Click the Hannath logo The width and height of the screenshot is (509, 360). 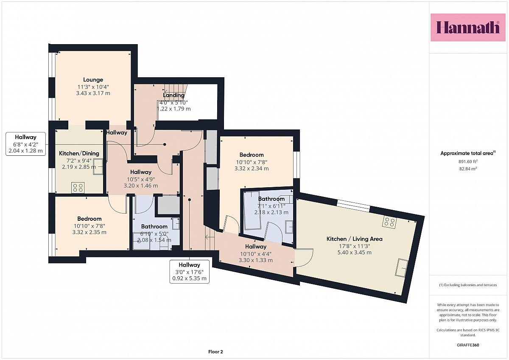(x=468, y=28)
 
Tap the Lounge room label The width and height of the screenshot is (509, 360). (x=93, y=80)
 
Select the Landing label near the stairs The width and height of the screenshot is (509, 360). (x=173, y=95)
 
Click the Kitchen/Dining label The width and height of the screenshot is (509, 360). (x=79, y=153)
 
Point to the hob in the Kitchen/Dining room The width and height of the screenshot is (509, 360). (x=78, y=188)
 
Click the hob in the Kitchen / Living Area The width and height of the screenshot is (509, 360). (x=390, y=222)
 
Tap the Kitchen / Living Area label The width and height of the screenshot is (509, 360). (x=355, y=239)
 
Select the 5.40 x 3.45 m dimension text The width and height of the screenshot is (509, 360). (x=355, y=253)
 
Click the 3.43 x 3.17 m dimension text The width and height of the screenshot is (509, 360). (x=93, y=93)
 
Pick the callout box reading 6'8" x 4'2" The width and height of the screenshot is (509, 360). (x=26, y=144)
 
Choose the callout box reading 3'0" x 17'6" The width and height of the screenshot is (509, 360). (x=189, y=272)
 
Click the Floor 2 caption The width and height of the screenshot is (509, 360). (x=215, y=352)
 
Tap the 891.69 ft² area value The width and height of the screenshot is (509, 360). (x=468, y=161)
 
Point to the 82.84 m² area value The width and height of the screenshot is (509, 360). (x=468, y=169)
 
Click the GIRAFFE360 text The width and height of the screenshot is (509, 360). (x=468, y=345)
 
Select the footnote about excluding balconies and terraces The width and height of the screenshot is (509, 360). (x=468, y=285)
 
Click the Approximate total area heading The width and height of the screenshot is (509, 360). (x=468, y=153)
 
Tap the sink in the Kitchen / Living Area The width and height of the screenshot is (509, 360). (x=402, y=268)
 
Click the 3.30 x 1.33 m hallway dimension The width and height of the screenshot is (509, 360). (x=256, y=260)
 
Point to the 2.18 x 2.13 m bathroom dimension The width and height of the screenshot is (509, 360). (x=271, y=212)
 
